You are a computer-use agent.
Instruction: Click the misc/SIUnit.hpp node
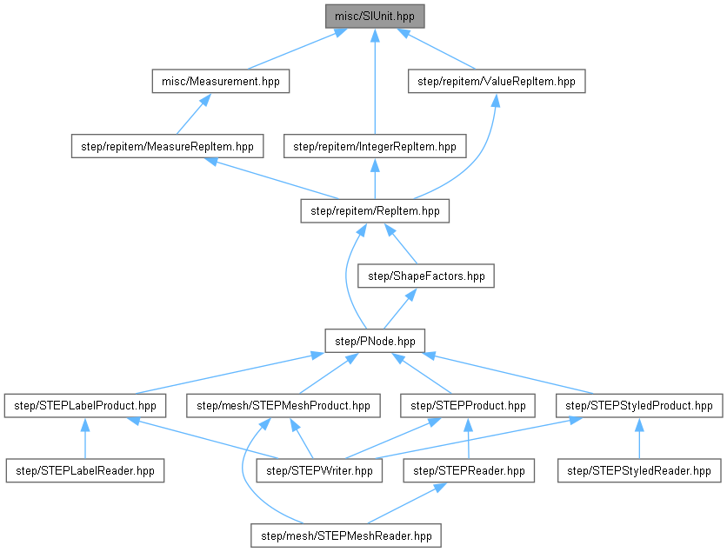point(375,16)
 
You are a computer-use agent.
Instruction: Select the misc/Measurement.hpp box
point(220,81)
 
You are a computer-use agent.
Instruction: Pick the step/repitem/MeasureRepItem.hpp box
point(167,146)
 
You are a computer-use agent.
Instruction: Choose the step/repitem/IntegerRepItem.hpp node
point(375,146)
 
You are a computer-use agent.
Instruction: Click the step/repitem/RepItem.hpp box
point(375,210)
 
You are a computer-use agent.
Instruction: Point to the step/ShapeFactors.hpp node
point(426,276)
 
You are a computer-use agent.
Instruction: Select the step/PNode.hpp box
point(375,340)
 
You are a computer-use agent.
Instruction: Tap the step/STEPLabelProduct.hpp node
point(85,405)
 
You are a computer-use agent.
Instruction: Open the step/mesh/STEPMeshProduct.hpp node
point(283,405)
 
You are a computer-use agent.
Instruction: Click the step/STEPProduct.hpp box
point(468,405)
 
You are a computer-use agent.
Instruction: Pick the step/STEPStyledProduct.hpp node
point(639,405)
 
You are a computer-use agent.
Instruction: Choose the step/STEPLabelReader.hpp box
point(85,470)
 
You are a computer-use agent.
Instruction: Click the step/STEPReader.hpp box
point(468,470)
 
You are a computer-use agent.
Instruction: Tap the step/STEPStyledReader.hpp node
point(639,470)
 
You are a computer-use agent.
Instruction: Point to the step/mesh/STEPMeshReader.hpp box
point(345,535)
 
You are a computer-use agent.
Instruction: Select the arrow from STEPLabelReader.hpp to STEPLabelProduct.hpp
point(85,438)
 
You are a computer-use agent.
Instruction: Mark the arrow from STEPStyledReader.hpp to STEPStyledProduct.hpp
point(639,438)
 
